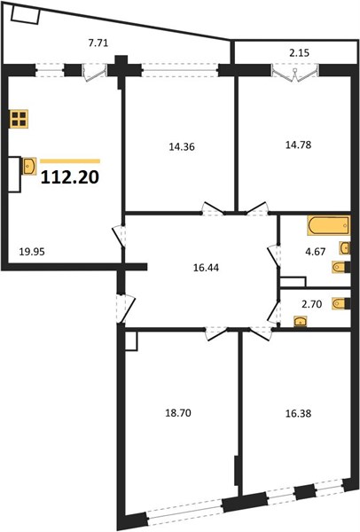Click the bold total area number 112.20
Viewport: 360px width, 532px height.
point(70,177)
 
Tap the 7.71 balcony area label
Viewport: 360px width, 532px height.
point(98,43)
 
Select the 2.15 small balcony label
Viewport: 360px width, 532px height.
point(300,53)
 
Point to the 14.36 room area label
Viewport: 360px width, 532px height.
point(182,147)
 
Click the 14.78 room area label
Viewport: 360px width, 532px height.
point(298,145)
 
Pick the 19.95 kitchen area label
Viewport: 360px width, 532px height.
point(32,252)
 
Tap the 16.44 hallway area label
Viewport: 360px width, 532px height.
point(206,268)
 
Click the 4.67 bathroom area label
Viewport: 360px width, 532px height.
point(316,252)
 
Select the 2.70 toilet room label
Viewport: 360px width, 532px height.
point(312,304)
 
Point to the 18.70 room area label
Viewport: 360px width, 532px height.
point(178,413)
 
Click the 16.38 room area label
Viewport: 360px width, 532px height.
point(298,413)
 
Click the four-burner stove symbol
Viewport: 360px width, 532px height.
point(19,119)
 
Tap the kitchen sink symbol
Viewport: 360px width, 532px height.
point(29,166)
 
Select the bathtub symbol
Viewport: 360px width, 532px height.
point(329,225)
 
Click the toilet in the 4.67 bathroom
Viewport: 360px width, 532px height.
point(340,267)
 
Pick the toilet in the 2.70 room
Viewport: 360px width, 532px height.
point(340,303)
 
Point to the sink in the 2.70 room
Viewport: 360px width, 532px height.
point(301,321)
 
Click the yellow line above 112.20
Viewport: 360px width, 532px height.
point(70,161)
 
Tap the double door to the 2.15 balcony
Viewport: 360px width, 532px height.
point(295,74)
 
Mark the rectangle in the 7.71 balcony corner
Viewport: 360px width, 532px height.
point(26,15)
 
